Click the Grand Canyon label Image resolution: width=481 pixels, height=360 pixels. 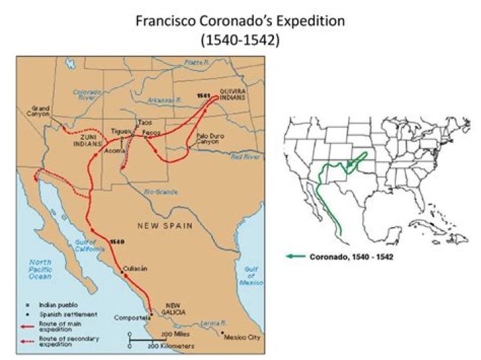(x=40, y=112)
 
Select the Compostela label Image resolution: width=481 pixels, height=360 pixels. (x=130, y=317)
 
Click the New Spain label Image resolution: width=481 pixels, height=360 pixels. (x=164, y=226)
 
